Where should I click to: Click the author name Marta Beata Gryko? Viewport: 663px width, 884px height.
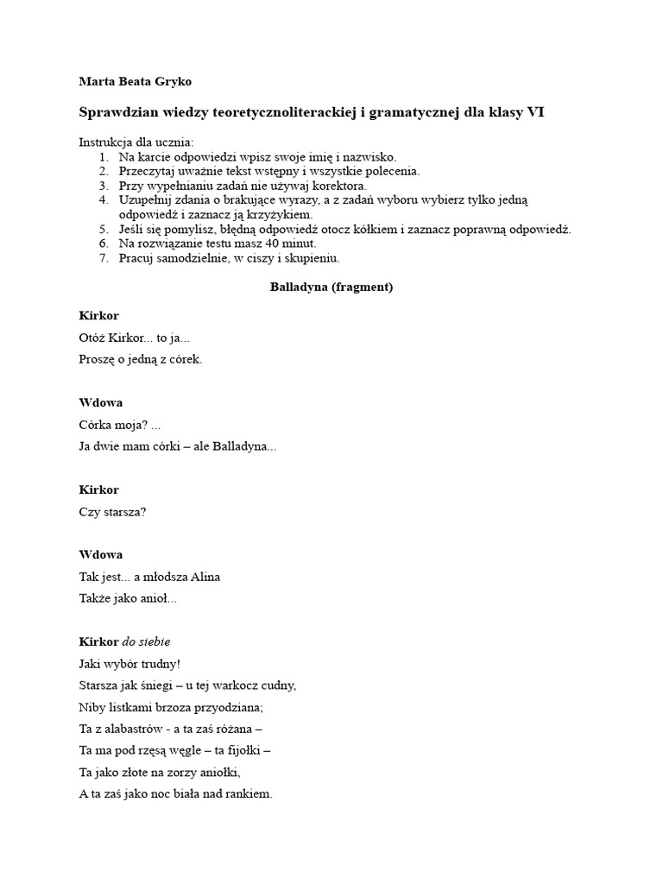(x=135, y=81)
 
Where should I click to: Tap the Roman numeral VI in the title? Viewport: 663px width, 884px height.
(x=535, y=113)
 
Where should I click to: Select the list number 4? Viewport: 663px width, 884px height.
(x=103, y=199)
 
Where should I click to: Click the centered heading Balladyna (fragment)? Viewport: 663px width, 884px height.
(x=331, y=287)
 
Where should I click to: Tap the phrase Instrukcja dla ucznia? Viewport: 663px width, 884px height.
(x=136, y=142)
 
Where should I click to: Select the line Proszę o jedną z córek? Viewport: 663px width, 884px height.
(x=141, y=359)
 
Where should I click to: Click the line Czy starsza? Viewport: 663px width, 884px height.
(x=112, y=511)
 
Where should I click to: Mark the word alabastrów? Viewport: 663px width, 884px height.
(x=136, y=729)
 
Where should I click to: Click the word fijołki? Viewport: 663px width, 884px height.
(x=248, y=750)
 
